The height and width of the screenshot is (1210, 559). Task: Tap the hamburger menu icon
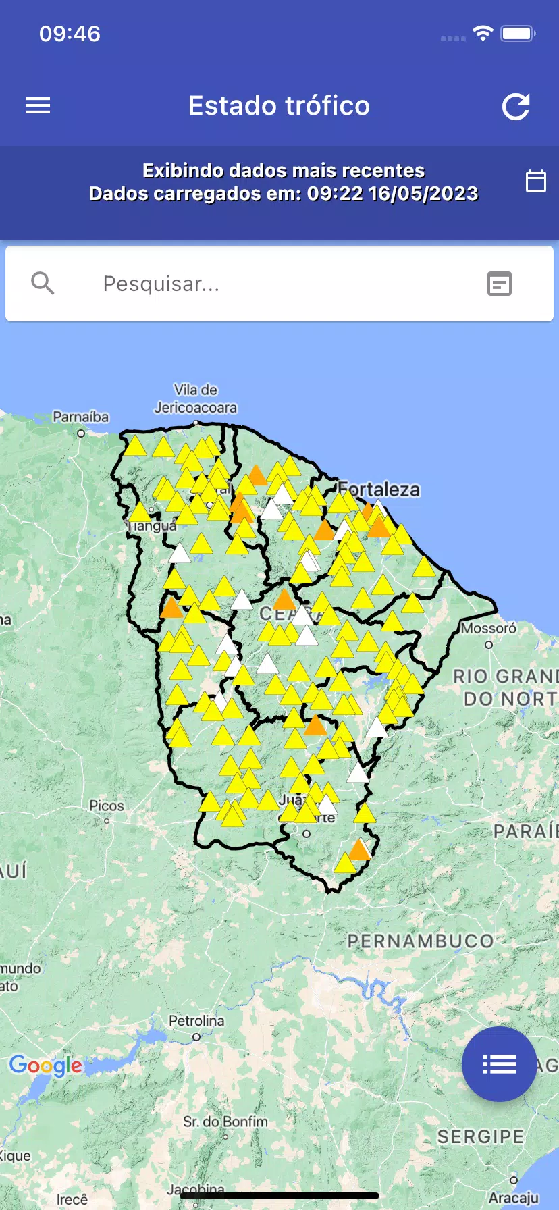pos(38,106)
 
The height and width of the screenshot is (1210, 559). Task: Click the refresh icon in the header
pos(516,107)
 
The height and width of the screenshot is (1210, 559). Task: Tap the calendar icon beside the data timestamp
pos(535,181)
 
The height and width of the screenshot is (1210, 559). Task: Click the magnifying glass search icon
pos(43,284)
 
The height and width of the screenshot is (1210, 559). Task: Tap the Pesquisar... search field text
pos(161,284)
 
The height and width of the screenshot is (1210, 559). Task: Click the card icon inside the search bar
pos(500,284)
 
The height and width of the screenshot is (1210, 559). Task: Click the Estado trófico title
pos(279,106)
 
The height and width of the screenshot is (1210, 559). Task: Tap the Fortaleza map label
pos(379,490)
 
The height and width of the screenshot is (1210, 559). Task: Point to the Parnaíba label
pos(81,417)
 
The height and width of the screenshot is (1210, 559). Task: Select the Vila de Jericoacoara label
pos(196,398)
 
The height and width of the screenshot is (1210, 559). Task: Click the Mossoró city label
pos(489,629)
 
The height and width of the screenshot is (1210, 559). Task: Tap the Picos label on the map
pos(107,806)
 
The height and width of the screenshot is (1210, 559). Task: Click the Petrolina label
pos(196,1021)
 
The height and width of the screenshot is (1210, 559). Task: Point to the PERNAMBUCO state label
pos(420,941)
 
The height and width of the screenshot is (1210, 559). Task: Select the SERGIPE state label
pos(480,1137)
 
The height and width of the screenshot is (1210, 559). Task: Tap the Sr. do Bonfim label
pos(225,1122)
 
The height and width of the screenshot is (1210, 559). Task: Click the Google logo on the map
pos(46,1066)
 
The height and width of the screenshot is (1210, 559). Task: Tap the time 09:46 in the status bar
pos(70,34)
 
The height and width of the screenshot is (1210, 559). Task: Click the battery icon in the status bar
pos(518,34)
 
